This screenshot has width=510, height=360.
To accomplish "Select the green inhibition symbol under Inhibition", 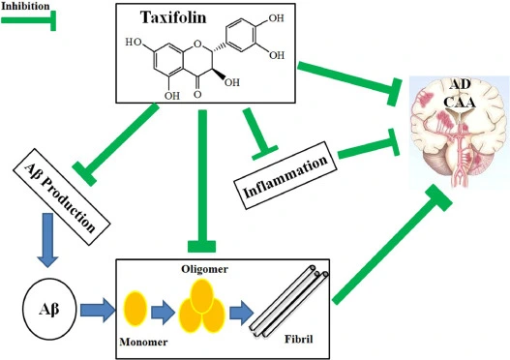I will (x=29, y=20).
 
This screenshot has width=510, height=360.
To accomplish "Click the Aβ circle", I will (x=48, y=310).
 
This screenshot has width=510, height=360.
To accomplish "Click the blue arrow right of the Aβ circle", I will (x=97, y=310).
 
